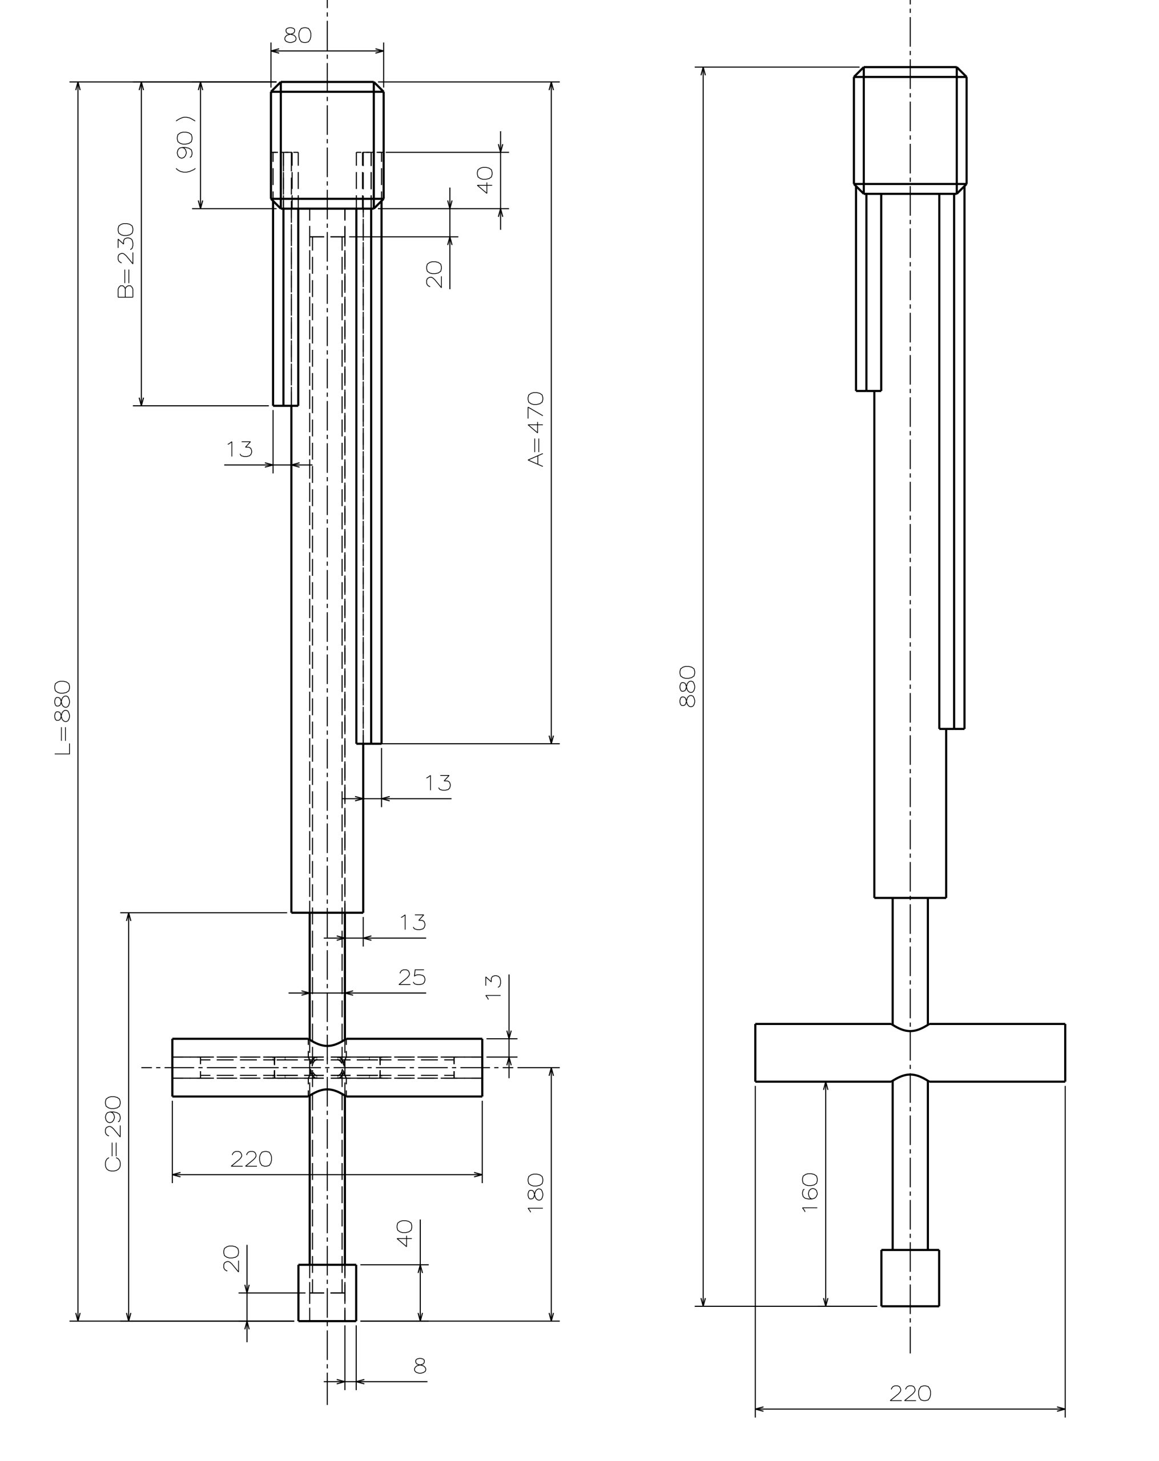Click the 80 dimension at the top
(297, 35)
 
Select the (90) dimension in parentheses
(185, 144)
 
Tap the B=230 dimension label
(126, 260)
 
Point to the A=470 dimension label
(536, 429)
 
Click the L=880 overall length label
(62, 719)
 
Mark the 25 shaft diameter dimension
(412, 978)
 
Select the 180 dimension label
(536, 1192)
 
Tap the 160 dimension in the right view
(810, 1192)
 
